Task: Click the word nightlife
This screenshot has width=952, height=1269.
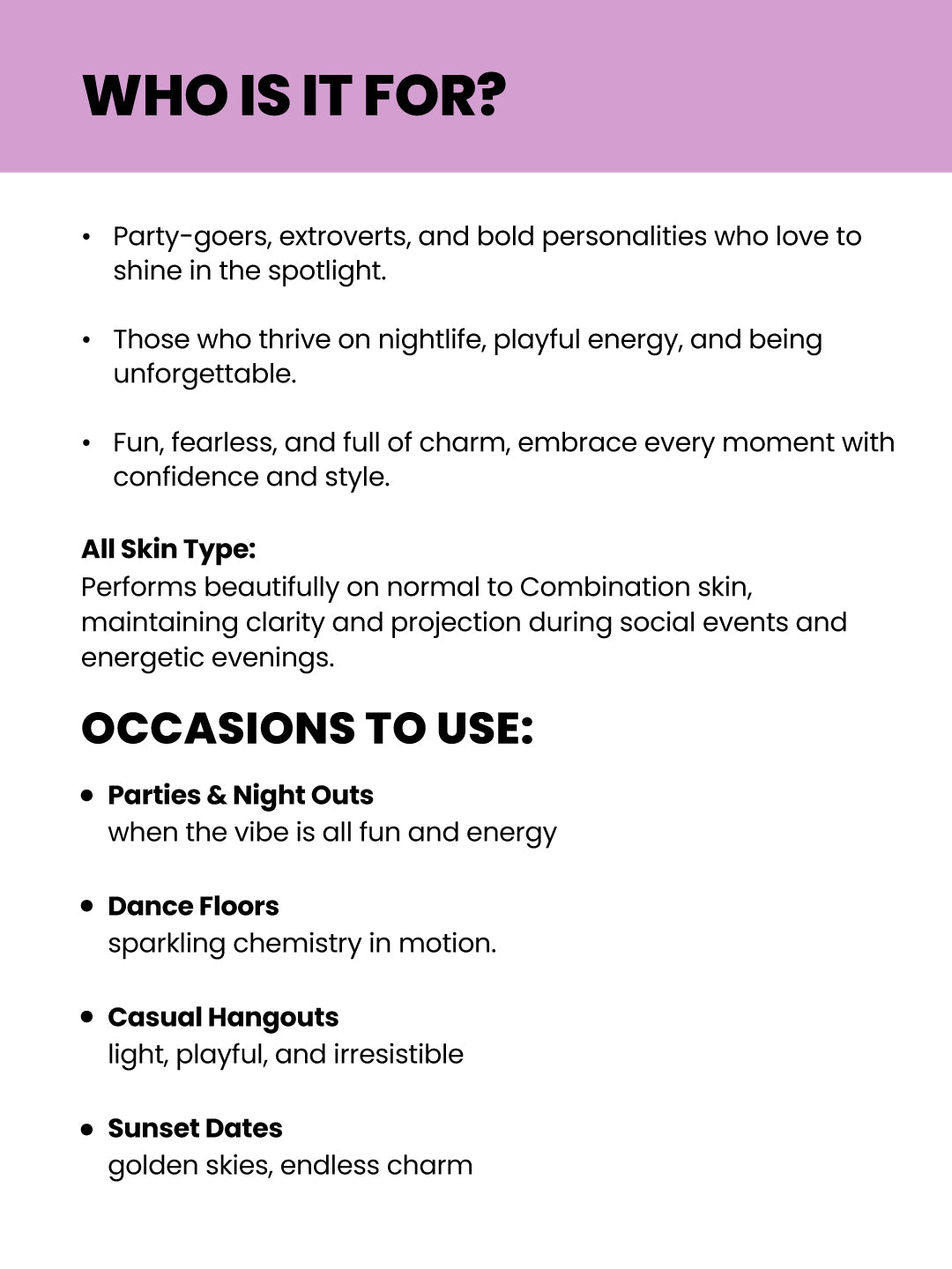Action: click(x=431, y=339)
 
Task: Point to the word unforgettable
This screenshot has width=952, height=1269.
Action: click(x=205, y=374)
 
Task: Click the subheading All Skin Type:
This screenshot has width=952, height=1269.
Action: click(x=168, y=549)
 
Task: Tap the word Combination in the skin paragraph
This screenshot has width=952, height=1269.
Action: click(x=605, y=587)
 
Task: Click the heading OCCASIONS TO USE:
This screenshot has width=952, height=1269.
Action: click(x=307, y=729)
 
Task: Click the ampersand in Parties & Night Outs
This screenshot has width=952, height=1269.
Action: click(x=217, y=795)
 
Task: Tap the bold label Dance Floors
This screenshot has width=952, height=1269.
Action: click(x=193, y=906)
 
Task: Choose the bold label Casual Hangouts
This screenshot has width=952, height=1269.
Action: click(x=223, y=1017)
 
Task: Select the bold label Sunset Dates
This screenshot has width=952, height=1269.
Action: click(x=195, y=1128)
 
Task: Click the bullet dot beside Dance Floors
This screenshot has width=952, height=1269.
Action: click(x=86, y=906)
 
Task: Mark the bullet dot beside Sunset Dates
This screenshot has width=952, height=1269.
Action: click(x=86, y=1129)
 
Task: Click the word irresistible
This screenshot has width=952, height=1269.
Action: click(x=398, y=1054)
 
